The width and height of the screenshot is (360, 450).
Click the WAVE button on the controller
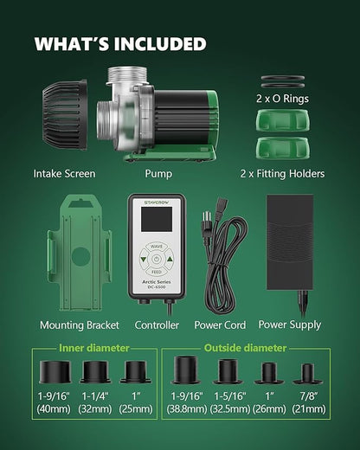(157, 247)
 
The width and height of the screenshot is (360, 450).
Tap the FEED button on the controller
(157, 272)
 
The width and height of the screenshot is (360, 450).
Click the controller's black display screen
(157, 219)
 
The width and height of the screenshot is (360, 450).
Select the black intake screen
(65, 115)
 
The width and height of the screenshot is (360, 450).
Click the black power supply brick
(290, 242)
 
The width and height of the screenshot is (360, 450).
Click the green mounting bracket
(80, 254)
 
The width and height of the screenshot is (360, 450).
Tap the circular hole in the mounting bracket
(80, 256)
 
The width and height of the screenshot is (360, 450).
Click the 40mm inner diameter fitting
(55, 371)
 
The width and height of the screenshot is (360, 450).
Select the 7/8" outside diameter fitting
(307, 374)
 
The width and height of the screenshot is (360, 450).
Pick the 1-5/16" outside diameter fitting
(228, 371)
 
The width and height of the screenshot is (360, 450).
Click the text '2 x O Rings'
(282, 99)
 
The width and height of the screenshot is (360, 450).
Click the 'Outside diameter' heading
(245, 348)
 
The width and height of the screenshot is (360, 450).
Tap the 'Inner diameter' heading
(94, 348)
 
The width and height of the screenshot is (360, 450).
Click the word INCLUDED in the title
(160, 44)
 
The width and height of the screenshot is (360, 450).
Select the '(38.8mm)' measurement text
(187, 409)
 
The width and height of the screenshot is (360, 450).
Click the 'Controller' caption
(157, 325)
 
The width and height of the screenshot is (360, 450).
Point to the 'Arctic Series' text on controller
(157, 282)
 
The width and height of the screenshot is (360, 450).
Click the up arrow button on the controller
(170, 259)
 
